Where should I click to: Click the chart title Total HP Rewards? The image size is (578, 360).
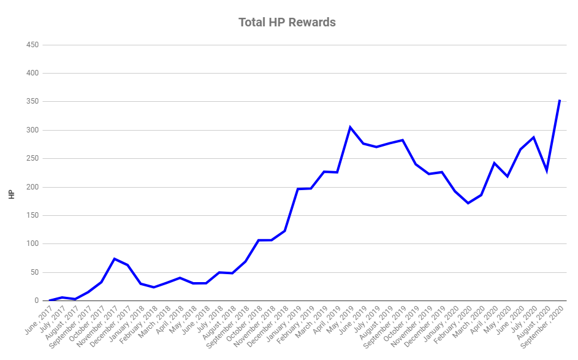[287, 23]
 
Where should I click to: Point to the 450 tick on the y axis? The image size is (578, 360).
[32, 45]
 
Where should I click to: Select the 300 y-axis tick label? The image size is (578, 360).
[32, 130]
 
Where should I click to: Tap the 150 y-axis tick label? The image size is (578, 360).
[32, 215]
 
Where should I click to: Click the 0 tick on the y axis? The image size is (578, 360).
[37, 301]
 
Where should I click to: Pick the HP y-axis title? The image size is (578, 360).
[12, 194]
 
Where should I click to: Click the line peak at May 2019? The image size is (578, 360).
[350, 127]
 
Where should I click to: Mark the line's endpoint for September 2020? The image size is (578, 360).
[560, 100]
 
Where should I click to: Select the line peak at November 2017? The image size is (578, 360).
[114, 259]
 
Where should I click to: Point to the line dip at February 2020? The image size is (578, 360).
[468, 203]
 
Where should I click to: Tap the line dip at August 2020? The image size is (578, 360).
[547, 170]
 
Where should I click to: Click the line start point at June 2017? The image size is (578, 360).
[49, 301]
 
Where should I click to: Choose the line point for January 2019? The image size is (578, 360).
[298, 189]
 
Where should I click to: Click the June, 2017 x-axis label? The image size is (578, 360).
[39, 320]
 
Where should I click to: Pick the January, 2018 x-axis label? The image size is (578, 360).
[128, 321]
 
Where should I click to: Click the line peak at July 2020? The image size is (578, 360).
[533, 137]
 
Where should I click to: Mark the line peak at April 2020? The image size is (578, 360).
[494, 163]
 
